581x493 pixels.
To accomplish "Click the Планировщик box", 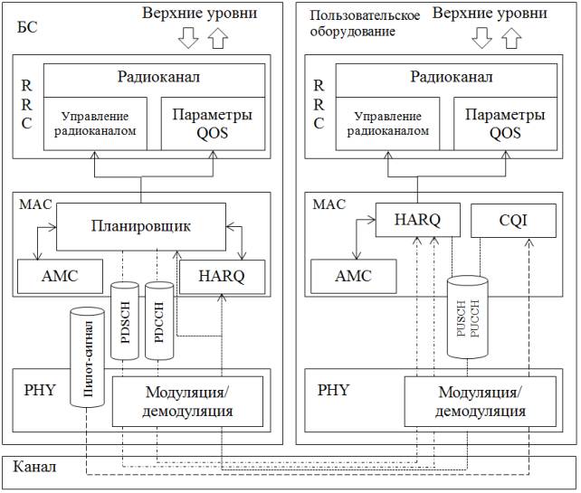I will [140, 226].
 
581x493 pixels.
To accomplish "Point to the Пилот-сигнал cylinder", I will [88, 357].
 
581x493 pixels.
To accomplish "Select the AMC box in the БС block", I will [60, 275].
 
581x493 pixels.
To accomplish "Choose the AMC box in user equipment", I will [352, 275].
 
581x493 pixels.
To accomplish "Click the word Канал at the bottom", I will [35, 467].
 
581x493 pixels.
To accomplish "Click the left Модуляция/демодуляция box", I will [188, 402].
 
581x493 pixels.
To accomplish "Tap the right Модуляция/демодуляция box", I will [481, 402].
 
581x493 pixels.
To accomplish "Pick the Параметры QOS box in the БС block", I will [213, 124].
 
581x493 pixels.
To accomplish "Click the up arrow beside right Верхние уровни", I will [513, 37].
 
